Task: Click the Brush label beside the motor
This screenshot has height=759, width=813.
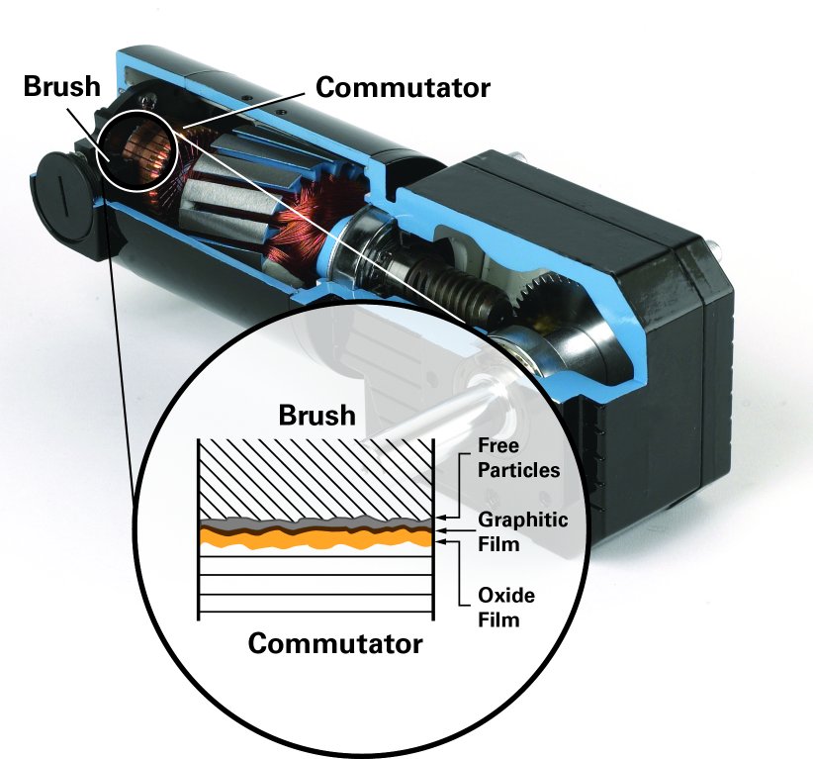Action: point(62,86)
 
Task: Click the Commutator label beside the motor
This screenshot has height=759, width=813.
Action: point(403,87)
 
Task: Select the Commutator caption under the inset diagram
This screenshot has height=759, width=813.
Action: point(334,644)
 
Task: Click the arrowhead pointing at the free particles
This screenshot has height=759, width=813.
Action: point(441,517)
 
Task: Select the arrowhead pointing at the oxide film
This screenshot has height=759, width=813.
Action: point(441,542)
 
